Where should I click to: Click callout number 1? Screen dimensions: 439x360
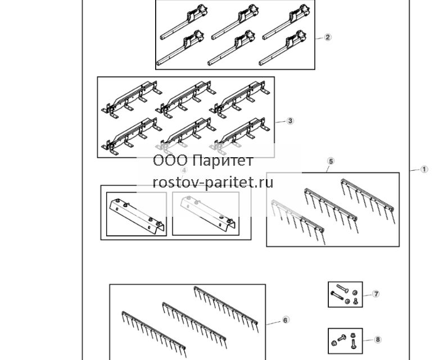tap(424, 169)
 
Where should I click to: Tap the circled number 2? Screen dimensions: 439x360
tap(328, 37)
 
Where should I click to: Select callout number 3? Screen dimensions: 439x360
tap(290, 121)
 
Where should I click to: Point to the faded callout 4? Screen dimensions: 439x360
tap(184, 170)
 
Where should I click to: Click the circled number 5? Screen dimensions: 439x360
tap(331, 161)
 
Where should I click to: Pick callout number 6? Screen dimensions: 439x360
tap(285, 320)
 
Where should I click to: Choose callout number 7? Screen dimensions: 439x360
tap(375, 294)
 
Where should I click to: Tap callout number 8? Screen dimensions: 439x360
tap(378, 340)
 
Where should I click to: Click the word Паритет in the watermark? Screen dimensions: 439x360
tap(223, 161)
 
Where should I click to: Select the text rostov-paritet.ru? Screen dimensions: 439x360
tap(213, 183)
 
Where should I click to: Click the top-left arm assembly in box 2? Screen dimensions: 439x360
tap(184, 22)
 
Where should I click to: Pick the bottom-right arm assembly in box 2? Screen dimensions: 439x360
tap(283, 48)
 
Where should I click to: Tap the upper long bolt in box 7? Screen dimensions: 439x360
tap(342, 289)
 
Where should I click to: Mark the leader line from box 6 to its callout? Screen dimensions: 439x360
tap(273, 323)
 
